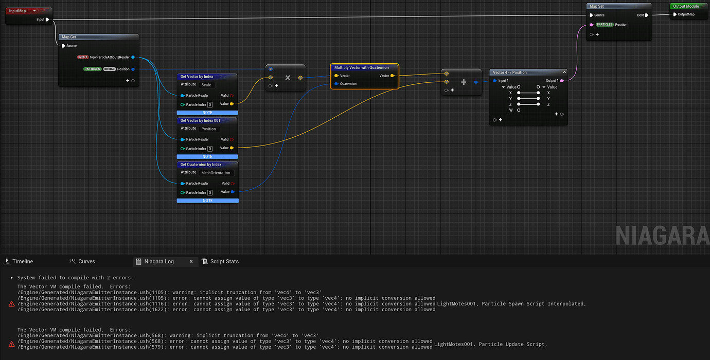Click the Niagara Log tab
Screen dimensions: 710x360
(159, 261)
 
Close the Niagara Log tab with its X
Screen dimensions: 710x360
(191, 261)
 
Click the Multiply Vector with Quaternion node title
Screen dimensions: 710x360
(361, 67)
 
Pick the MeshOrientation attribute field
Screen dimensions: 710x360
(216, 173)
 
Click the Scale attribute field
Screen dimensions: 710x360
(206, 85)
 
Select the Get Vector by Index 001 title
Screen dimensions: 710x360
(200, 120)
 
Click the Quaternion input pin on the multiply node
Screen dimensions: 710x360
(336, 84)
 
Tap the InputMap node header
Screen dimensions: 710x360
(28, 11)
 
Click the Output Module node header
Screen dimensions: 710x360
(688, 6)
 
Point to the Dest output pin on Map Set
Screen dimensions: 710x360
(647, 15)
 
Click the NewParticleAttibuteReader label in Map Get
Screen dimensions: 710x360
(110, 58)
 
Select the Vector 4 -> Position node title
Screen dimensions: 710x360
(510, 73)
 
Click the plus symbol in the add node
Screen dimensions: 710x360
(464, 82)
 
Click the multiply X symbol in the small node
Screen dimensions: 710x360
(288, 78)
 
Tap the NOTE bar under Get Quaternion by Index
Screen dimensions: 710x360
(208, 201)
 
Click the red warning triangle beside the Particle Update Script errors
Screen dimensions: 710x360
(12, 344)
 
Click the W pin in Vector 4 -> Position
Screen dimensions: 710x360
(519, 110)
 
